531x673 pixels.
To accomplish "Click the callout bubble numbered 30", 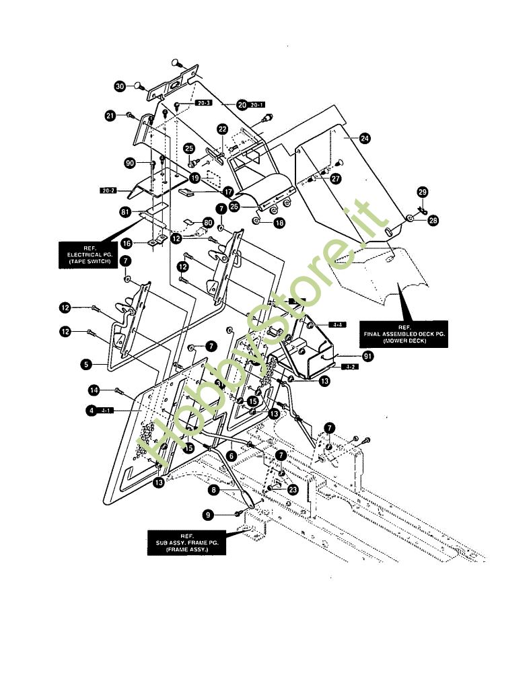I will click(120, 86).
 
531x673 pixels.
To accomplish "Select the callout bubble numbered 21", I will click(110, 116).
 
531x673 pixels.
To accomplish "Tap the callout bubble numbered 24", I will click(364, 139).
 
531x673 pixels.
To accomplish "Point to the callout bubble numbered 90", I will click(130, 164).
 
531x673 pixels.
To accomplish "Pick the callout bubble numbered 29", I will click(423, 192).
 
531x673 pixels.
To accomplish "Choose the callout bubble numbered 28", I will click(433, 220).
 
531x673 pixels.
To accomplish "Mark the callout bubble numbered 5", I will click(86, 364).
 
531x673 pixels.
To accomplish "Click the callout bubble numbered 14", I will click(95, 390).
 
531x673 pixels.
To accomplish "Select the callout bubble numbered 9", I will click(209, 514).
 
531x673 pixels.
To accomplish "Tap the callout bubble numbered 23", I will click(292, 490).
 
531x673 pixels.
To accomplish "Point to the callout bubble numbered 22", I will click(222, 129).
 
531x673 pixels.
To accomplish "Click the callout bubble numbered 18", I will click(278, 222).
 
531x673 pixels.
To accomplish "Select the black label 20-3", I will click(203, 104).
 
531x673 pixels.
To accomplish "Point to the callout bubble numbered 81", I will click(125, 212).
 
